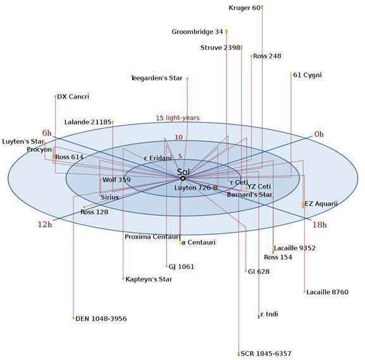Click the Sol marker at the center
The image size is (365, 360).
(x=183, y=178)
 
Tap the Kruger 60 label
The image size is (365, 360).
(x=244, y=8)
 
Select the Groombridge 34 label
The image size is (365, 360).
(x=197, y=32)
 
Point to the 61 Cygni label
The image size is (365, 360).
(x=307, y=75)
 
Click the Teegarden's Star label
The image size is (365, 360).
(x=156, y=78)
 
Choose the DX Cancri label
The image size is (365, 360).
(x=73, y=96)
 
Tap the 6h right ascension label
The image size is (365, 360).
(x=47, y=133)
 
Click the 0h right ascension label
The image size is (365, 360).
(x=319, y=134)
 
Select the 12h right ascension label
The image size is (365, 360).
(x=45, y=225)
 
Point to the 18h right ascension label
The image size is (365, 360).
(x=319, y=225)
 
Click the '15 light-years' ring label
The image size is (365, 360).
(x=178, y=118)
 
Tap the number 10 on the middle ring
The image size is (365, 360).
(x=178, y=137)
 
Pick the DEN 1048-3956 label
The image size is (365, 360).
(x=101, y=318)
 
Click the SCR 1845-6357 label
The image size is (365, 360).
(x=266, y=354)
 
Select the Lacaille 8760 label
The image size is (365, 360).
(x=327, y=292)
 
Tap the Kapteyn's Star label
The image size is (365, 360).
(x=149, y=279)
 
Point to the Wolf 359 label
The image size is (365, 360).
(x=116, y=180)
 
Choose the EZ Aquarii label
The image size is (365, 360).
(x=321, y=204)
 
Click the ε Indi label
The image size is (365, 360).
(x=269, y=314)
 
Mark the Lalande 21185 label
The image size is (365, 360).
(x=88, y=122)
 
